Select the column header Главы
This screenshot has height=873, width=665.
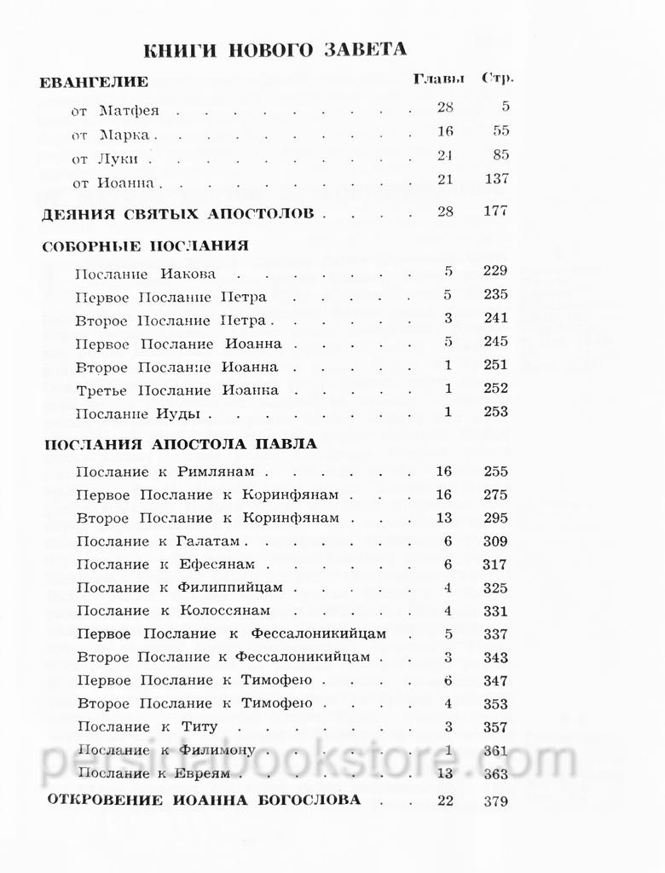[x=438, y=79]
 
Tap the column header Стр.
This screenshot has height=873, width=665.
[x=498, y=79]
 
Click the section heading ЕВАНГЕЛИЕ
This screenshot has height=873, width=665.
[x=95, y=82]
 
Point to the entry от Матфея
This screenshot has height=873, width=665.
[x=116, y=111]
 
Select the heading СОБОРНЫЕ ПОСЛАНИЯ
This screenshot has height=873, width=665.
[x=145, y=246]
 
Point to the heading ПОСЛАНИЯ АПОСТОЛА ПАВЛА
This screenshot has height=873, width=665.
[x=180, y=443]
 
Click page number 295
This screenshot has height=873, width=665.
[x=494, y=518]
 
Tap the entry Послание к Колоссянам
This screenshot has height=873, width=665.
[x=173, y=610]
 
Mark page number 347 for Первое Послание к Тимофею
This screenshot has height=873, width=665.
[x=494, y=681]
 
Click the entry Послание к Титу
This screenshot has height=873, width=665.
[x=147, y=727]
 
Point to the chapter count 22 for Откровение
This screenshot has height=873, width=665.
[x=444, y=801]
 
